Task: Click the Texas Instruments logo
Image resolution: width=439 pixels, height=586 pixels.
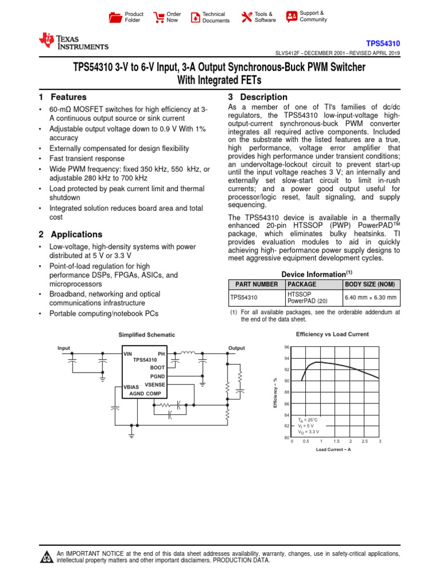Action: (73, 42)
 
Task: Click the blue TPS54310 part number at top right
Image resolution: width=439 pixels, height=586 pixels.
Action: (383, 43)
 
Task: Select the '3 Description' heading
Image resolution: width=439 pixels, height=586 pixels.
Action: (257, 97)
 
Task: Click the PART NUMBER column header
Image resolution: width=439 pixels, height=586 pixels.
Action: (254, 284)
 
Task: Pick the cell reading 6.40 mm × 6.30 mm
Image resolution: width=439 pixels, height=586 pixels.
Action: (370, 298)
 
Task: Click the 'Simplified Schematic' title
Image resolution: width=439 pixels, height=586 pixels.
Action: (146, 335)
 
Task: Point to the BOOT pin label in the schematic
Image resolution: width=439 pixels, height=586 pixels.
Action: (157, 367)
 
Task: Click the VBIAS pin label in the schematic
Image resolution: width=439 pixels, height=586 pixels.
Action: (131, 387)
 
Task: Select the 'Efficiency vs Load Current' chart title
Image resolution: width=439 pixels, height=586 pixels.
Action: (332, 334)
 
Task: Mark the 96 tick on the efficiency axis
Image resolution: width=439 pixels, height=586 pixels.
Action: (286, 347)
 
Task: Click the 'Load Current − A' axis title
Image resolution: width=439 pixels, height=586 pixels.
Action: (333, 450)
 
